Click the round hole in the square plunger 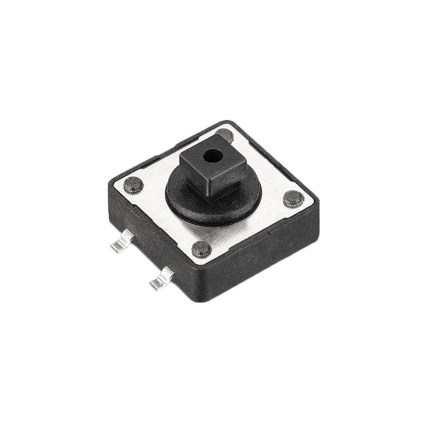[x=210, y=156]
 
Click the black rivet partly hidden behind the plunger [x=225, y=134]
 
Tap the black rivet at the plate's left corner [x=133, y=185]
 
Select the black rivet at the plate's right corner [x=294, y=199]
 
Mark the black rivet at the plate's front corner [x=201, y=249]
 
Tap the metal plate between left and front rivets [x=165, y=219]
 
